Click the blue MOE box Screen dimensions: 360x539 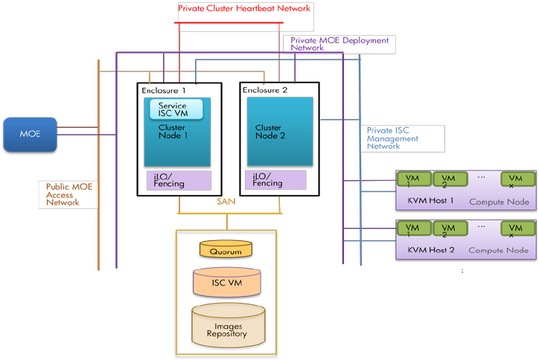[x=30, y=134]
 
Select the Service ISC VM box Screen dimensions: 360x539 [x=177, y=109]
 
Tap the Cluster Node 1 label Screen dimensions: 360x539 [x=172, y=132]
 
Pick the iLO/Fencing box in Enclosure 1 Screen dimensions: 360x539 [x=178, y=180]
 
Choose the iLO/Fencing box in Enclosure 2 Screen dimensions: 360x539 [x=275, y=180]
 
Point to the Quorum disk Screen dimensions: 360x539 [x=226, y=251]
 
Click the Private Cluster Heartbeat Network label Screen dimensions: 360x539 [x=243, y=8]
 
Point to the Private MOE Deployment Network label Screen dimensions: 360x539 [x=339, y=43]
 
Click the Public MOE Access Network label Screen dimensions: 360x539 [x=69, y=194]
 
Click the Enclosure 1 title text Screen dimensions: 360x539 [x=164, y=90]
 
